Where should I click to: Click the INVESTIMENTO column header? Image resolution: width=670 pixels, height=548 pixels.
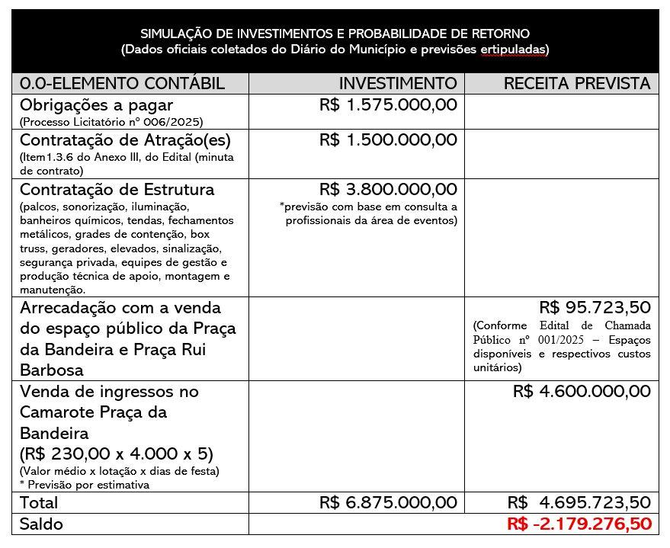click(x=398, y=83)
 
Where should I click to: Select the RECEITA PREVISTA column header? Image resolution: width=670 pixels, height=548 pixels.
click(x=577, y=83)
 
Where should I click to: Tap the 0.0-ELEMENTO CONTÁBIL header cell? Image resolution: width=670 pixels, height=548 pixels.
click(x=122, y=83)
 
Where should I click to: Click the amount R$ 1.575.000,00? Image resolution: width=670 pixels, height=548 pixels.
click(x=388, y=105)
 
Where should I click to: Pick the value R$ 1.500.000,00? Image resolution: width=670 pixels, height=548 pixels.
click(x=388, y=140)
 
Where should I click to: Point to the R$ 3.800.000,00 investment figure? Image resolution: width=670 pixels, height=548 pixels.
click(x=388, y=189)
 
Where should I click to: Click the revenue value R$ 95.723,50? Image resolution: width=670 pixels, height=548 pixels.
click(x=595, y=308)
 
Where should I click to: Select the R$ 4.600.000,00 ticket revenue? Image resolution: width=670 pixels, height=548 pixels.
click(x=582, y=392)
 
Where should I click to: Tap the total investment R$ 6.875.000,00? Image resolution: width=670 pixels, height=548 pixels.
click(x=388, y=503)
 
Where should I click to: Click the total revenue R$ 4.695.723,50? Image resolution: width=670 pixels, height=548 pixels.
click(x=579, y=503)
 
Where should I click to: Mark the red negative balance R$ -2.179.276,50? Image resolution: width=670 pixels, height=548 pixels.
click(x=579, y=524)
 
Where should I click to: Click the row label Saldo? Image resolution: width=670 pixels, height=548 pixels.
click(x=42, y=524)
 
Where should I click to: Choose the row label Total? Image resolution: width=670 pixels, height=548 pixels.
click(x=39, y=503)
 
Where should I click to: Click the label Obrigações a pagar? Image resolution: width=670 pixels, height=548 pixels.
click(x=96, y=105)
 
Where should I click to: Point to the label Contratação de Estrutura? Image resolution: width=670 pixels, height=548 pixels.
click(x=117, y=189)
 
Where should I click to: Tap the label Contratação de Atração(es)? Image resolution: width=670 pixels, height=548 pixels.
click(x=125, y=140)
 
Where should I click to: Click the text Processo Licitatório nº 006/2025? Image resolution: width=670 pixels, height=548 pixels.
click(x=111, y=121)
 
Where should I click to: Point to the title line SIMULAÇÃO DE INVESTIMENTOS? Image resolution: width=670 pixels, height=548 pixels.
click(x=335, y=34)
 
